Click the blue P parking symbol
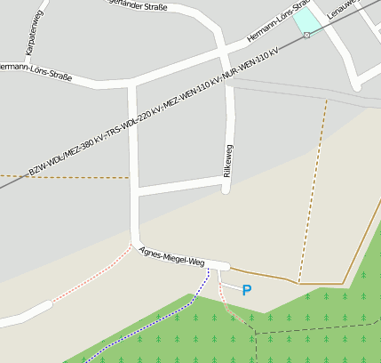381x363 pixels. point(247,290)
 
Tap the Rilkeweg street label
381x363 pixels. point(227,158)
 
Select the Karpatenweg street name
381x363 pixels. point(30,35)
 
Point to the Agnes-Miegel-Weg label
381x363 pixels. point(172,256)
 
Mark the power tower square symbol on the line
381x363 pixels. point(306,35)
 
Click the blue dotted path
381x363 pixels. point(151,330)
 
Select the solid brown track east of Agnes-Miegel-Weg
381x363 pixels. point(266,276)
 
